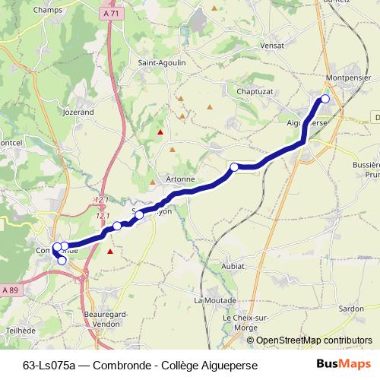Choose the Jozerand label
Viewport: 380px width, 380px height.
[78, 112]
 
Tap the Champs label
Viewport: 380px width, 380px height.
[48, 10]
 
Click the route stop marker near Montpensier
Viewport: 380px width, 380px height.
[325, 99]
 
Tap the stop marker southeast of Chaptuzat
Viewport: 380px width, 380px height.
[235, 167]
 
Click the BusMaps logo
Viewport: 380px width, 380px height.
[344, 365]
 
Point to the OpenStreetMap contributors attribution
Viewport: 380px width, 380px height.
[314, 340]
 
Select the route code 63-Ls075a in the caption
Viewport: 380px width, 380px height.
[49, 366]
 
